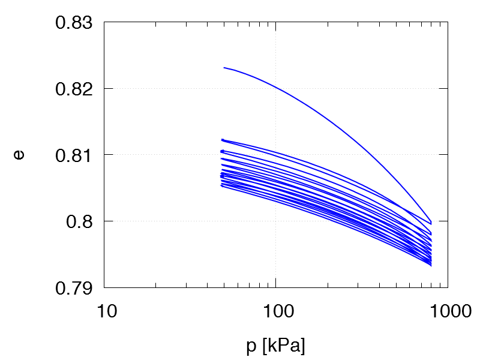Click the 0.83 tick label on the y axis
pyautogui.click(x=75, y=23)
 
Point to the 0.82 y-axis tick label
pyautogui.click(x=75, y=89)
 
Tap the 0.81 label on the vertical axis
pyautogui.click(x=75, y=155)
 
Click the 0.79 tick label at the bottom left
pyautogui.click(x=75, y=287)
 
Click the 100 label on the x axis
pyautogui.click(x=275, y=312)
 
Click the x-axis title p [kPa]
pyautogui.click(x=275, y=346)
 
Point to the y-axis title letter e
pyautogui.click(x=20, y=155)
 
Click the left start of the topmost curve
pyautogui.click(x=224, y=68)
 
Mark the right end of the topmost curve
pyautogui.click(x=431, y=223)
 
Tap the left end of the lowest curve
pyautogui.click(x=222, y=186)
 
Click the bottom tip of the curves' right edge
pyautogui.click(x=431, y=265)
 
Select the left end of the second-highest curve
pyautogui.click(x=222, y=140)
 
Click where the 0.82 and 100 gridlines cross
pyautogui.click(x=275, y=89)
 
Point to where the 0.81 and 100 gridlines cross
pyautogui.click(x=275, y=155)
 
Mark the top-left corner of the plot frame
pyautogui.click(x=104, y=22)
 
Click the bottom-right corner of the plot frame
pyautogui.click(x=448, y=287)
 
